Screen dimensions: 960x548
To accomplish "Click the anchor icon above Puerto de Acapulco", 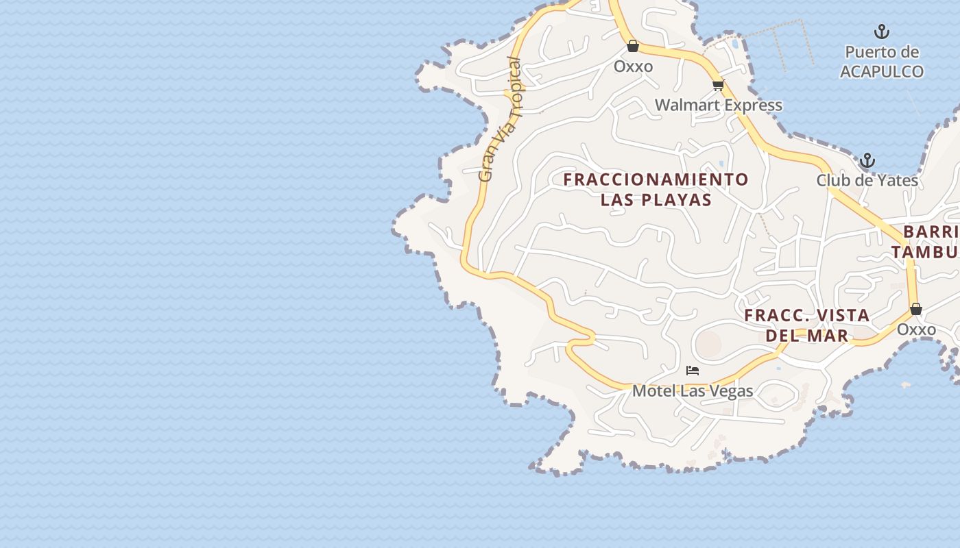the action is click(881, 32).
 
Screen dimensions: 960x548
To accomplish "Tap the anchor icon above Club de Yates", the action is click(867, 161).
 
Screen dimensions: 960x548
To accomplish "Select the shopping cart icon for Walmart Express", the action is click(718, 86).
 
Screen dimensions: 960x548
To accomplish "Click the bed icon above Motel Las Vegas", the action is click(693, 371).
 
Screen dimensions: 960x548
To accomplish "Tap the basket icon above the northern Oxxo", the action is click(633, 46).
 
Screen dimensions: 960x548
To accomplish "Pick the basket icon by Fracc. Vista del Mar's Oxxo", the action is click(916, 310).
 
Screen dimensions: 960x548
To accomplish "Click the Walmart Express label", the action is click(718, 105).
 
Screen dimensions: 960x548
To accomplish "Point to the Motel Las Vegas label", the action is click(693, 391).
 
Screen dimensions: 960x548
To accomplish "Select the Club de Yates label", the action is click(867, 180).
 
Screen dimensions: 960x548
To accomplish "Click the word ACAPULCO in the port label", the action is click(882, 71).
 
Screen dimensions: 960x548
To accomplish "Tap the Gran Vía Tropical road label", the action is click(500, 120).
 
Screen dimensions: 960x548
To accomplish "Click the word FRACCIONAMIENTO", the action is click(656, 179).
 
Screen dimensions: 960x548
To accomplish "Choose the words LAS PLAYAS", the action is click(656, 200).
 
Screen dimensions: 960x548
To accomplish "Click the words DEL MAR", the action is click(807, 335).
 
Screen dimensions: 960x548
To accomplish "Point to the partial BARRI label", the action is click(931, 232).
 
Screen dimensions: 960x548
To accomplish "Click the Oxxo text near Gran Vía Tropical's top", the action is click(633, 66).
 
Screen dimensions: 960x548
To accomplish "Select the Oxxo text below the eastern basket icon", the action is click(916, 329).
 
